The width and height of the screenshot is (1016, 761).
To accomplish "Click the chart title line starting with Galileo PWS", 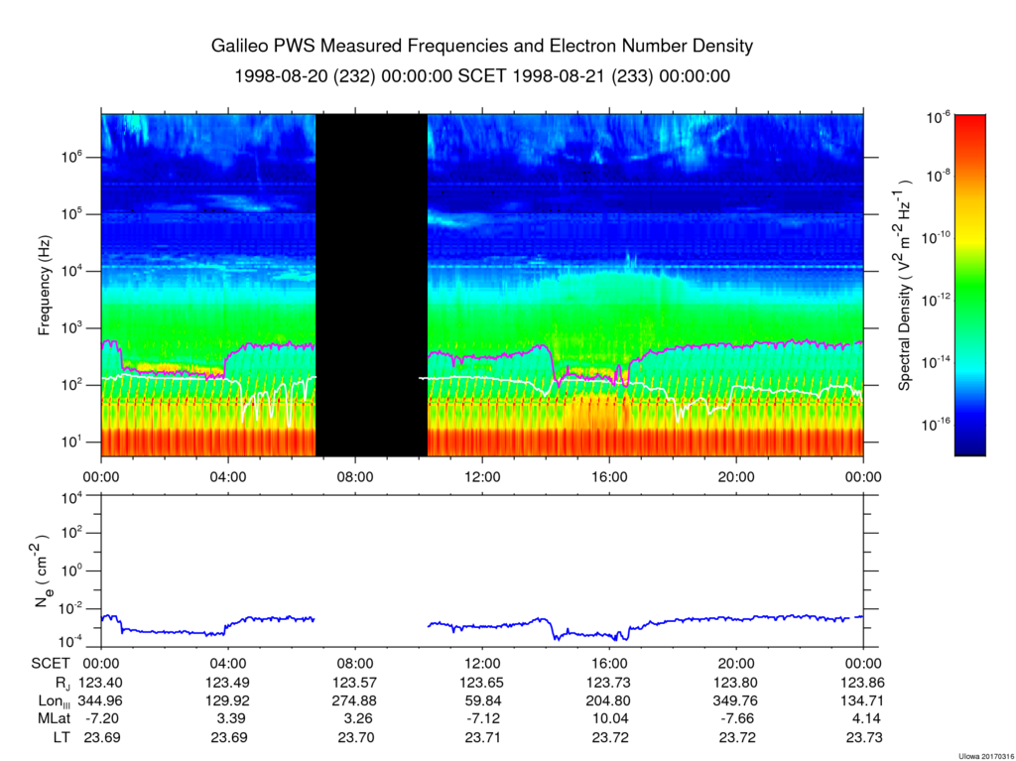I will point(482,47).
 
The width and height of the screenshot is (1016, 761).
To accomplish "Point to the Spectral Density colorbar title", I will point(905,285).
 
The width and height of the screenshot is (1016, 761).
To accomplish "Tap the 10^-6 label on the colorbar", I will point(938,117).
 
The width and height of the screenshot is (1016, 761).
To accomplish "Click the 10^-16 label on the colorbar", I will point(938,424).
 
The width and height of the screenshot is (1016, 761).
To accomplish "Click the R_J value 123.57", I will point(355,682).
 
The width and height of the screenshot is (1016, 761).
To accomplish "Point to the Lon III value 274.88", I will point(355,700).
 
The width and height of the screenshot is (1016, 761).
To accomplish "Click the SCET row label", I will point(50,663).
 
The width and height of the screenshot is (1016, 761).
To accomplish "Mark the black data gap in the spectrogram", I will point(371,285).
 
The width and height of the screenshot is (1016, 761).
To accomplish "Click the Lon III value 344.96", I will point(101,700).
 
